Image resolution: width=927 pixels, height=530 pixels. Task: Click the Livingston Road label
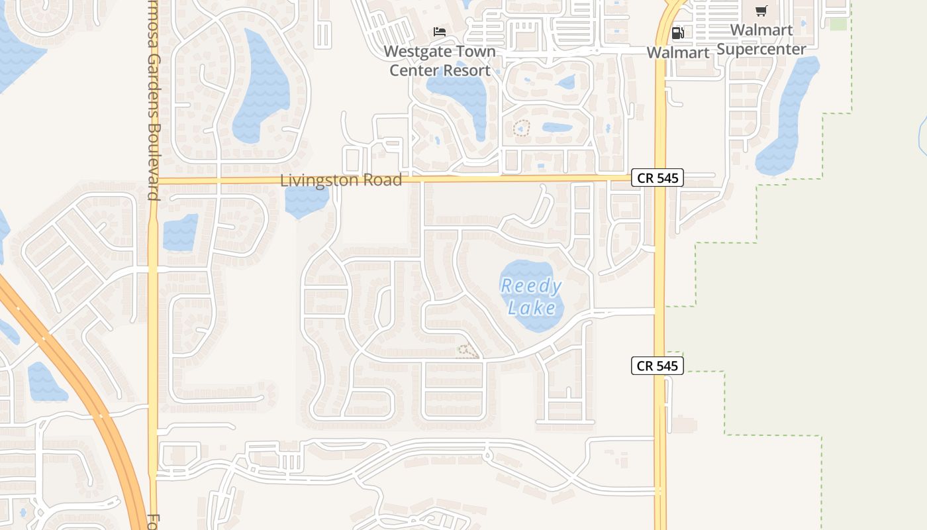340,180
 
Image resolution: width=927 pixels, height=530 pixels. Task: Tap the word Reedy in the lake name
531,287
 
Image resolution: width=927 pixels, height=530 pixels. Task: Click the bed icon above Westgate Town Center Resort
439,31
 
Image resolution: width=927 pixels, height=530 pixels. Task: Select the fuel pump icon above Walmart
677,33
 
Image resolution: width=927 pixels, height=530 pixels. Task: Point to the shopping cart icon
761,11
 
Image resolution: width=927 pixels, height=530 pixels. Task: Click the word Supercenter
761,49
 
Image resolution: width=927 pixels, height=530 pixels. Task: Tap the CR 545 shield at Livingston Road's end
657,178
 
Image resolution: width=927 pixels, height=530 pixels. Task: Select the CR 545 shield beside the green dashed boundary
657,365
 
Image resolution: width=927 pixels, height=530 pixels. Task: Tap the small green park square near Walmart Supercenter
838,25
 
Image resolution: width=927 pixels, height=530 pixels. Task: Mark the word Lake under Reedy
532,308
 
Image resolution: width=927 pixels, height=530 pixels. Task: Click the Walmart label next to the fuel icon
677,52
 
